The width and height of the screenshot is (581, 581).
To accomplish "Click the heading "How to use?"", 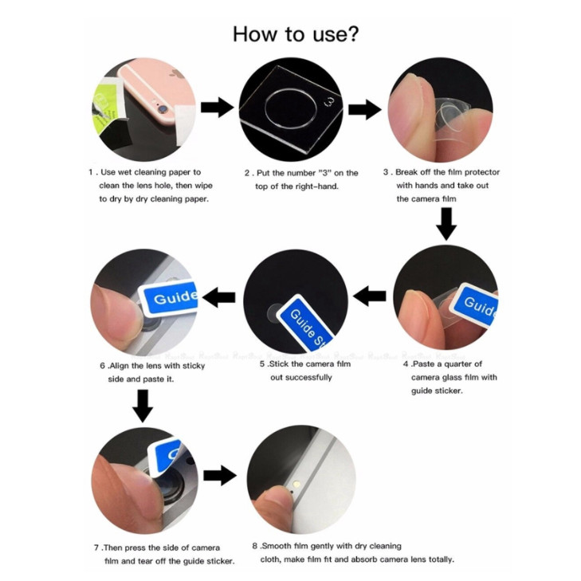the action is click(x=296, y=34).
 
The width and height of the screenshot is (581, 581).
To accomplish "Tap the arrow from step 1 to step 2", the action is click(x=217, y=108).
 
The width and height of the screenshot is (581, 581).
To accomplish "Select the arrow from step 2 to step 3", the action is click(x=364, y=110).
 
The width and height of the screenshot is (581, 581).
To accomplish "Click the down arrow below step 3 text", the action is click(x=446, y=224).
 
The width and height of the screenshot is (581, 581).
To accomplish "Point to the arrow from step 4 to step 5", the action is click(x=370, y=296).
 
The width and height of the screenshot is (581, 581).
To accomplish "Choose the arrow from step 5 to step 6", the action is click(x=218, y=297).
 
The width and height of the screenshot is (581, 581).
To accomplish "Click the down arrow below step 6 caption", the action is click(x=143, y=406).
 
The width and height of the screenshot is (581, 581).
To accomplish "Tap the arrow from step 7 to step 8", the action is click(x=220, y=475).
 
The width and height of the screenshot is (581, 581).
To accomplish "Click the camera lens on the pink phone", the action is click(x=162, y=110).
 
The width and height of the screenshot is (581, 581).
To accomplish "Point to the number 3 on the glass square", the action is click(x=329, y=102).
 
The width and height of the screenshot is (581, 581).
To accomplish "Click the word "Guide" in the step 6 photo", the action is click(x=175, y=296).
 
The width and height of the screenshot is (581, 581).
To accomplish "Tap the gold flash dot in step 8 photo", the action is click(x=296, y=484).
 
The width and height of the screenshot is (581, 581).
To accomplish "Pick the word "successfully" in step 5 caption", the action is click(x=301, y=378).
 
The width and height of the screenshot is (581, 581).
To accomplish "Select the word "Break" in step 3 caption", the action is click(x=406, y=172).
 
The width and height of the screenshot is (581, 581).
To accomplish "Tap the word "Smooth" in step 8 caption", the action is click(x=277, y=546).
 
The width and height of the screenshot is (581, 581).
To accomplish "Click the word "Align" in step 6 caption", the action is click(x=119, y=366).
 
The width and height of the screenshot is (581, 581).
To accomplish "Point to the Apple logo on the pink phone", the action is click(x=178, y=73).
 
